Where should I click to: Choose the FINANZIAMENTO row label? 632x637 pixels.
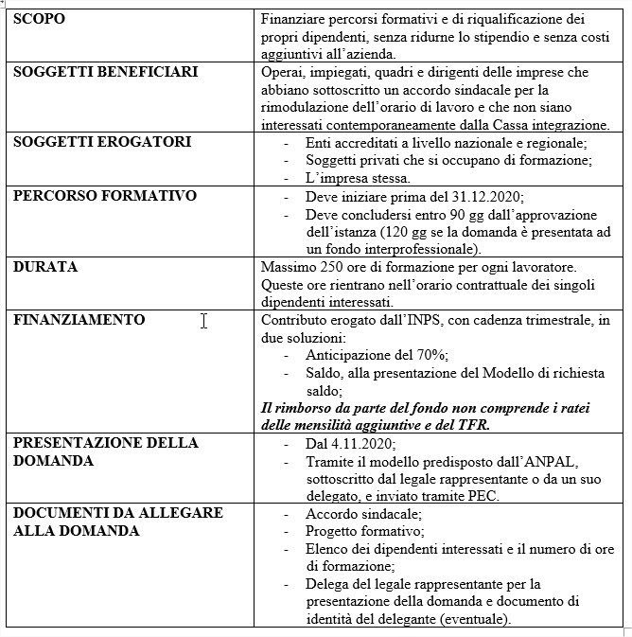click(79, 320)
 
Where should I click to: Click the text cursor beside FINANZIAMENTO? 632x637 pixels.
click(203, 321)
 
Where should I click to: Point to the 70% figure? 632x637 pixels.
click(430, 355)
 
